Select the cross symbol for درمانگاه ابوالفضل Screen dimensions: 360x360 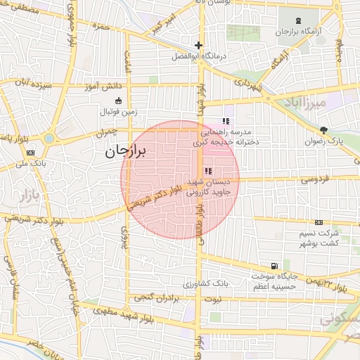click(x=199, y=46)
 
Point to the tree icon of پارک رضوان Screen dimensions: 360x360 click(x=323, y=129)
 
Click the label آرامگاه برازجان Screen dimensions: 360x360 click(x=292, y=33)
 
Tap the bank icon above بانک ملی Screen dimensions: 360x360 click(x=31, y=153)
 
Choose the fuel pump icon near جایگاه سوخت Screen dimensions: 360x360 click(x=272, y=267)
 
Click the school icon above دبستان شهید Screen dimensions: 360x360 click(x=208, y=171)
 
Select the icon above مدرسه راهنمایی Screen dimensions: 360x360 click(x=225, y=120)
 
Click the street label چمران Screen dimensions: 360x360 click(x=103, y=131)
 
